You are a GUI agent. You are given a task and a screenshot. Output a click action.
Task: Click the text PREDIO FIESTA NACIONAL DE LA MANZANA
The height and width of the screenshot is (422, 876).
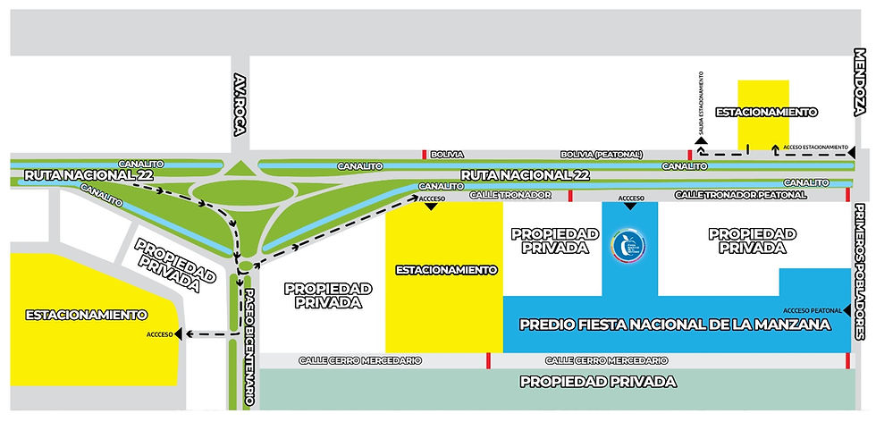click(x=676, y=325)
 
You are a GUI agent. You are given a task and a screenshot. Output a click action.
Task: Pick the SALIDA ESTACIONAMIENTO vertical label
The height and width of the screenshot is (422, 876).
click(x=703, y=104)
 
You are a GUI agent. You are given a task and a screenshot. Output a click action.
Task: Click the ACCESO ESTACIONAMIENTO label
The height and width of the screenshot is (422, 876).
click(x=814, y=146)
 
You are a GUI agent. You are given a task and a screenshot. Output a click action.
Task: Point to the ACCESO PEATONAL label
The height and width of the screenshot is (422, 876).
click(x=814, y=310)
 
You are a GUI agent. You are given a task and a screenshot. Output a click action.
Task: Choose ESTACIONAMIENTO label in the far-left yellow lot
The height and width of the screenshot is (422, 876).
click(x=86, y=315)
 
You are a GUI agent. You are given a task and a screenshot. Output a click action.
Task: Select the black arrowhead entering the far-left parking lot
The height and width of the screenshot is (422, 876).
click(x=181, y=333)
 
